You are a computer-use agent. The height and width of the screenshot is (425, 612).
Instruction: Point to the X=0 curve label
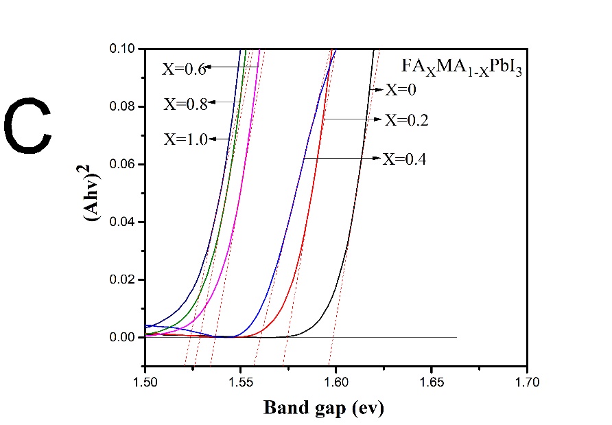tap(401, 89)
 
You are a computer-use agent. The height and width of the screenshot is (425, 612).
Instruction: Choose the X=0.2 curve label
tap(406, 120)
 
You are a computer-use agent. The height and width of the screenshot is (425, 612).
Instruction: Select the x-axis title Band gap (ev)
tap(324, 408)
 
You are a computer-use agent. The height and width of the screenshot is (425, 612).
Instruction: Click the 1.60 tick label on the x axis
tap(336, 379)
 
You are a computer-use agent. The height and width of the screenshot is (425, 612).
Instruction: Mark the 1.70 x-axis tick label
tap(526, 379)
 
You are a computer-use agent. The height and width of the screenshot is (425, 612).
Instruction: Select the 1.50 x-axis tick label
tap(145, 379)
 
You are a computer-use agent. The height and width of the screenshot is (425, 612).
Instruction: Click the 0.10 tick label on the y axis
tap(123, 49)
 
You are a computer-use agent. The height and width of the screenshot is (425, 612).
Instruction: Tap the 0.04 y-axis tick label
tap(123, 222)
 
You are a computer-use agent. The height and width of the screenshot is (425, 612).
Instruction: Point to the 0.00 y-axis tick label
tap(123, 337)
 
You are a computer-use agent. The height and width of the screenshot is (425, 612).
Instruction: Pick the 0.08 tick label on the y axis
tap(123, 106)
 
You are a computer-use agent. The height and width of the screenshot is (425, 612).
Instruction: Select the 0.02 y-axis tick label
tap(123, 279)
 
